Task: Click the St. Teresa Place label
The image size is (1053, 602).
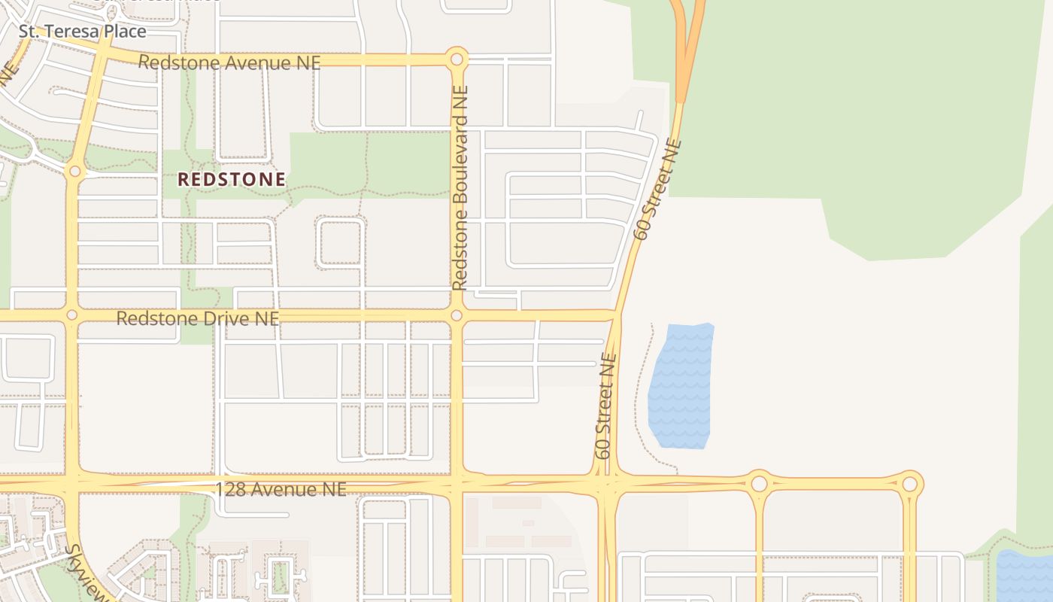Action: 82,32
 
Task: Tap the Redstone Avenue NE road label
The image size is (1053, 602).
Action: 229,62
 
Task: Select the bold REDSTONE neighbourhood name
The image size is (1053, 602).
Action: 232,179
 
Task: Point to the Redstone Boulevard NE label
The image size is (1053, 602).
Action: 460,187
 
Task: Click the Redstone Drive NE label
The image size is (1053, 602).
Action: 197,318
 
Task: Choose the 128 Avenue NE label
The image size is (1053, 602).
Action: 281,490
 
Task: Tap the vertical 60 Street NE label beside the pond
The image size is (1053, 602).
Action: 605,406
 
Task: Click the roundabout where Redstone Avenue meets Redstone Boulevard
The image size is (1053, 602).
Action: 456,59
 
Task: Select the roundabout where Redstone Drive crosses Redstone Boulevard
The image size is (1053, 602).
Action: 456,315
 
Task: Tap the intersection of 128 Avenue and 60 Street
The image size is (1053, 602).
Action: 608,482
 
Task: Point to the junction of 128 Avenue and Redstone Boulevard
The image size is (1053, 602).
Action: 457,482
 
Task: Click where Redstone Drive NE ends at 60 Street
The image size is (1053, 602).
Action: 615,315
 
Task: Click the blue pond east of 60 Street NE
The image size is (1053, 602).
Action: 680,385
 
